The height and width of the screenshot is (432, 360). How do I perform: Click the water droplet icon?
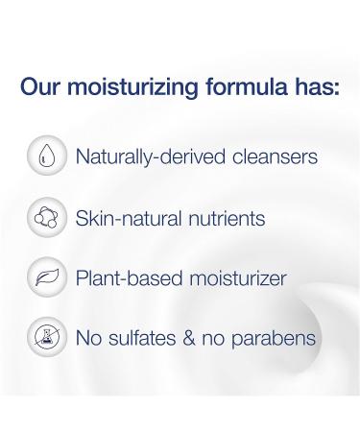46,156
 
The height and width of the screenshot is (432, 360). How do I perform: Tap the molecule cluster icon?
46,218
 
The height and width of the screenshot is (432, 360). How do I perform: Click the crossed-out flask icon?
46,339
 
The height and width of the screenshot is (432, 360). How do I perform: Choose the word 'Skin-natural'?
122,219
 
